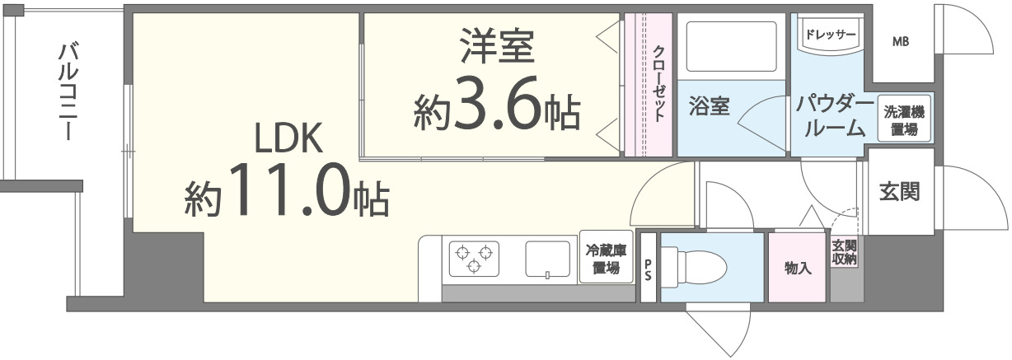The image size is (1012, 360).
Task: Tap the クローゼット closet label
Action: coord(658,83)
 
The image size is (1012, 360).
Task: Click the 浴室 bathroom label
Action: coord(709,107)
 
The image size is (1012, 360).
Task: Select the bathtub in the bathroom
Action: coord(731,49)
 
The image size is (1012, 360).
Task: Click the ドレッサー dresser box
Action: coord(830,36)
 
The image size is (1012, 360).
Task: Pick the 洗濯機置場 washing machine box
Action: coord(903,120)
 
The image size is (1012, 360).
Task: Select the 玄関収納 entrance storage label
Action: coord(844,253)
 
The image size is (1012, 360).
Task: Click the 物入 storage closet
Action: coord(797,268)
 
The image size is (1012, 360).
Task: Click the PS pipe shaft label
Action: coord(648,267)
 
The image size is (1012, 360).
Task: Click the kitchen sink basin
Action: coord(549,259)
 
